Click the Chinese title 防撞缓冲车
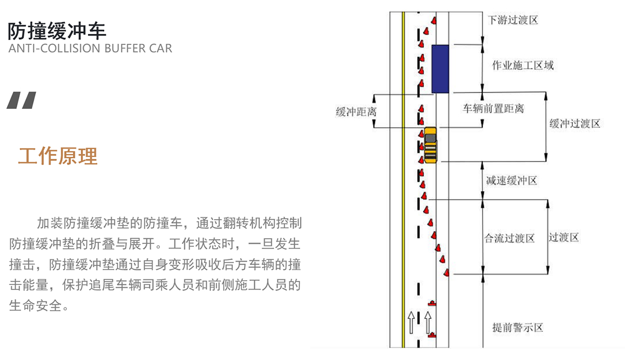point(57,31)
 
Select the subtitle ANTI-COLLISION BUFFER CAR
point(90,48)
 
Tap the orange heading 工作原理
point(58,156)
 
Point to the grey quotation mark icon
point(21,100)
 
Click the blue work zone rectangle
point(440,69)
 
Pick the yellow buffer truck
point(430,145)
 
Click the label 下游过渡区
point(513,20)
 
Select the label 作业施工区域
point(522,65)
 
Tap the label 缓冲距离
point(356,112)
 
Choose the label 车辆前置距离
point(493,108)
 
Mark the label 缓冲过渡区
point(575,123)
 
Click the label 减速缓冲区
point(511,181)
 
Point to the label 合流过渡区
point(509,238)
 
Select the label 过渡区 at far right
point(564,238)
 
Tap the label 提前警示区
point(518,328)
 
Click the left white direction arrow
point(411,322)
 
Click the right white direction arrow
point(428,322)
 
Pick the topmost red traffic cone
point(433,20)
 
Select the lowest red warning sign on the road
point(432,335)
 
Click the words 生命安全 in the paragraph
point(35,306)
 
